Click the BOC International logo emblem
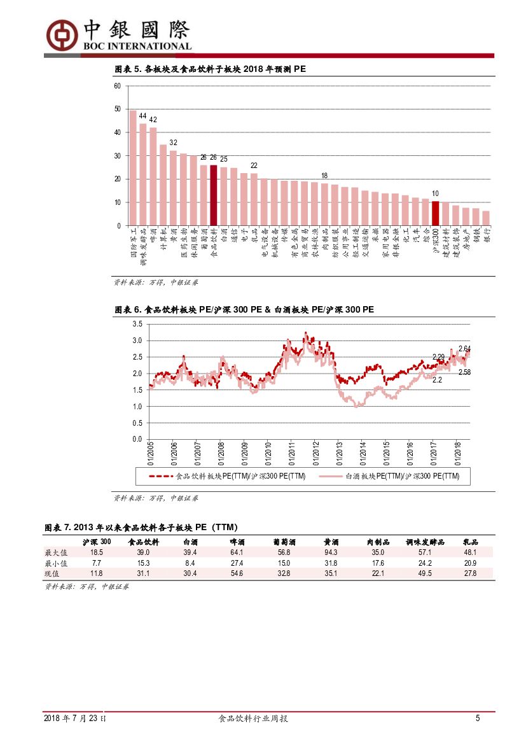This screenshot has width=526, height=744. coord(60,33)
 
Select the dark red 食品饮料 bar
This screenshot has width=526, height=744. coord(214,195)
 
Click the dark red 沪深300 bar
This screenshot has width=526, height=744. coord(435,213)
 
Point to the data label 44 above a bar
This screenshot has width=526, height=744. coord(143,116)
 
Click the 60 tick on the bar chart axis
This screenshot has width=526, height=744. coord(118,86)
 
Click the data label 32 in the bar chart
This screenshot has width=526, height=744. coord(173,143)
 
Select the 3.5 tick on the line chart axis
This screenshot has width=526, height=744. coord(137,324)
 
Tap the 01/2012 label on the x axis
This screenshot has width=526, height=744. coord(315,454)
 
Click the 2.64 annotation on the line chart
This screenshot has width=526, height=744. coord(464,349)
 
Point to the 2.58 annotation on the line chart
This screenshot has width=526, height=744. coord(464,372)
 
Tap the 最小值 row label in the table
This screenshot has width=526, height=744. coord(56,563)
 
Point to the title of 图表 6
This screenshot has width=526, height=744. coord(244,310)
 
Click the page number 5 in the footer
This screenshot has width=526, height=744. coord(478,719)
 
